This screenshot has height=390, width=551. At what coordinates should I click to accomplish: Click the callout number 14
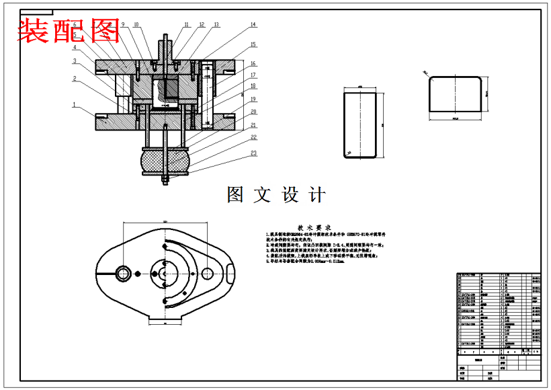253,25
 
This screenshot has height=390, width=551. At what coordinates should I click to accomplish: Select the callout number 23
254,154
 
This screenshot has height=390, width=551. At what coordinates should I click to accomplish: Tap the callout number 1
75,104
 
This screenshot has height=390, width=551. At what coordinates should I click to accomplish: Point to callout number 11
186,24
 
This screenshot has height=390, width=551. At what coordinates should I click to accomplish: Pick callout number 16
254,63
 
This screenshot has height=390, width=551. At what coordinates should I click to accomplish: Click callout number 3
75,61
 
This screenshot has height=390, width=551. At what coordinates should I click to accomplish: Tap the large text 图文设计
276,195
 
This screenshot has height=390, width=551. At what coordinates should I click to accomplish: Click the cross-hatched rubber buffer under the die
165,161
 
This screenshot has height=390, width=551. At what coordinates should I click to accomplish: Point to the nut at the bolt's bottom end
165,180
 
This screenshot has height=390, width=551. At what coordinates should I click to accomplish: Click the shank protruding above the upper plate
165,47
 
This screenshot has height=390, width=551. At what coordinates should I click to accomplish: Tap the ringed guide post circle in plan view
124,273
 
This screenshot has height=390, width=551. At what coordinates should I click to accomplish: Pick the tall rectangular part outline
359,125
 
